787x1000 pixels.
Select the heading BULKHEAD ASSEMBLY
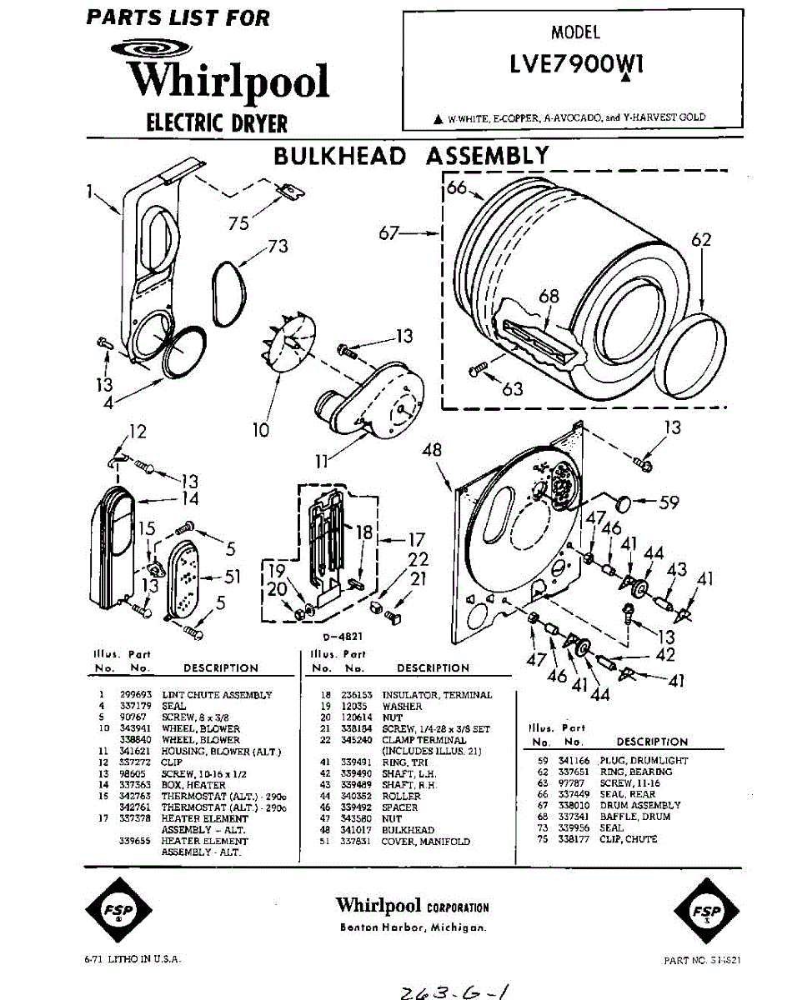[x=412, y=156]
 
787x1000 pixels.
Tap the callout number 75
[x=240, y=222]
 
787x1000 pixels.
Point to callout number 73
[x=277, y=247]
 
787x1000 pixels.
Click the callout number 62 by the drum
[x=701, y=241]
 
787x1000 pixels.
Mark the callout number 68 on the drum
[x=549, y=296]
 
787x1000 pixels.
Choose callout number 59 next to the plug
[x=669, y=502]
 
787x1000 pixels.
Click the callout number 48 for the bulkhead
[x=431, y=451]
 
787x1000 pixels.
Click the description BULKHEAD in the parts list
[x=408, y=830]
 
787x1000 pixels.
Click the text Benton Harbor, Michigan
[x=413, y=927]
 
